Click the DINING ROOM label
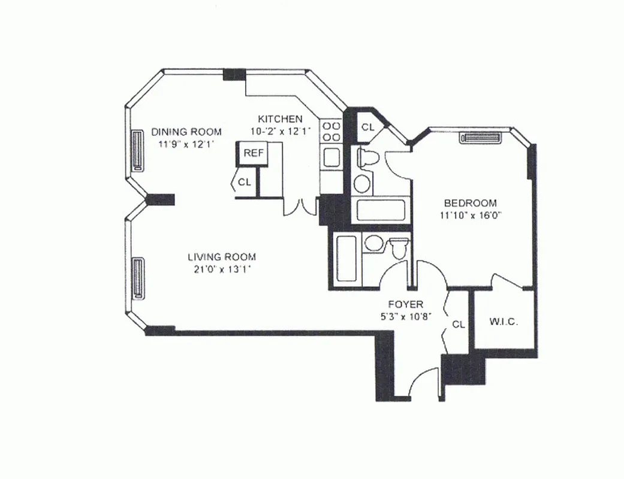pyautogui.click(x=186, y=132)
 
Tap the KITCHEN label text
pyautogui.click(x=280, y=119)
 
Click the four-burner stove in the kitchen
pyautogui.click(x=331, y=131)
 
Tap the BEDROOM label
pyautogui.click(x=470, y=202)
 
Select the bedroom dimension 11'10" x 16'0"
pyautogui.click(x=470, y=215)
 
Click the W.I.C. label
pyautogui.click(x=504, y=322)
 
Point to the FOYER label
pyautogui.click(x=406, y=304)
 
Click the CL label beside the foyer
pyautogui.click(x=459, y=325)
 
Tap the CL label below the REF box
pyautogui.click(x=245, y=183)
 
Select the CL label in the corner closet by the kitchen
pyautogui.click(x=367, y=127)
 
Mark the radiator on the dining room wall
pyautogui.click(x=137, y=151)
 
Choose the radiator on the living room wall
pyautogui.click(x=137, y=278)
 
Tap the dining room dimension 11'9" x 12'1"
pyautogui.click(x=186, y=144)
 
